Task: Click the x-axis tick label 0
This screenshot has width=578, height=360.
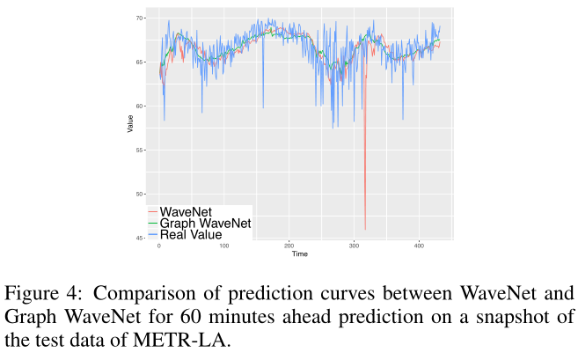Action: [x=159, y=246]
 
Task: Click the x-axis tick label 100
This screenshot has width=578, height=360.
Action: [x=224, y=246]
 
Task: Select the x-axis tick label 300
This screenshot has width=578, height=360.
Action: [x=355, y=246]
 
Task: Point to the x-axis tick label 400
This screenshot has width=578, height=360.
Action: [x=420, y=246]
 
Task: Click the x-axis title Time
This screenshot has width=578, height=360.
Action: [x=300, y=254]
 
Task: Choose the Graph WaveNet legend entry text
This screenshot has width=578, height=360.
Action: [x=206, y=224]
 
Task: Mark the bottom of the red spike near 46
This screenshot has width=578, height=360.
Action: [x=364, y=230]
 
